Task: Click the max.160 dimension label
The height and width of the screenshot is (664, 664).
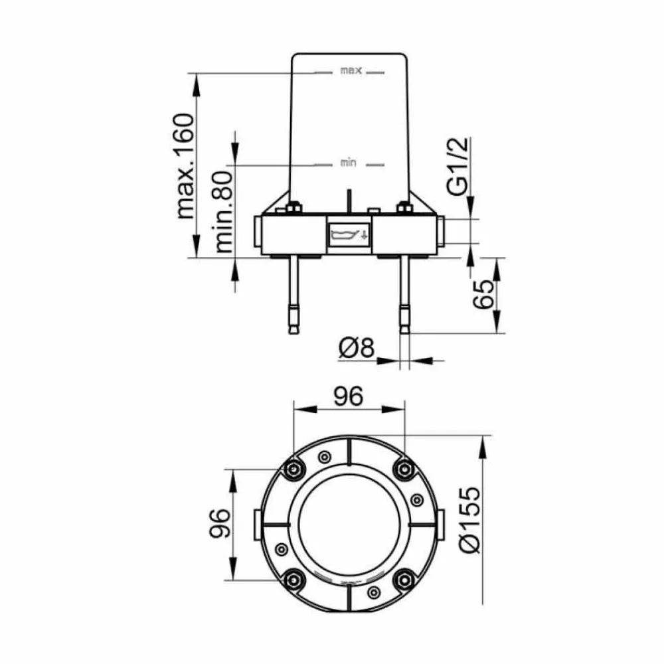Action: coord(185,166)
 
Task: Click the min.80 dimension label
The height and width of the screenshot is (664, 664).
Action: coord(224,211)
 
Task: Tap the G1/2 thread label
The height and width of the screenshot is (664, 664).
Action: coord(459,165)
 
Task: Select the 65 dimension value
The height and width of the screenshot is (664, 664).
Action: coord(483,294)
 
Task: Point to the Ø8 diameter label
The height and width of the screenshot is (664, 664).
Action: coord(357,348)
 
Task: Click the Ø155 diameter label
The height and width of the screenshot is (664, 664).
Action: coord(471,520)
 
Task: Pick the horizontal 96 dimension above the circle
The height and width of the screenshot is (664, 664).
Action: coord(349,396)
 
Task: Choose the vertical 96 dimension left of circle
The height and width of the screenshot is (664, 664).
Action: coord(220,523)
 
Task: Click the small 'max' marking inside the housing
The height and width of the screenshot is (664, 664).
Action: coord(351,71)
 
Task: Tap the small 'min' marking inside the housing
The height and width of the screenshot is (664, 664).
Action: coord(348,163)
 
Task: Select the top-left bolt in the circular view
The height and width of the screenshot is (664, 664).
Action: coord(293,469)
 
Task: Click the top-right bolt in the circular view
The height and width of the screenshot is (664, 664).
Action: coord(404,469)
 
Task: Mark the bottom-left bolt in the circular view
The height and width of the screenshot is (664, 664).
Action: coord(293,580)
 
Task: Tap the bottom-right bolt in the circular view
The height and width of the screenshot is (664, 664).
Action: coord(404,580)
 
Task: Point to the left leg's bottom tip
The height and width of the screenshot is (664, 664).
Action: coord(294,333)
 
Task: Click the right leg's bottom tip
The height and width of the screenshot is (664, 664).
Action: coord(405,333)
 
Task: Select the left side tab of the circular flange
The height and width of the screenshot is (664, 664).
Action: coord(258,525)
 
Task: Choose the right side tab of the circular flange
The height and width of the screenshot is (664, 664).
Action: coord(440,525)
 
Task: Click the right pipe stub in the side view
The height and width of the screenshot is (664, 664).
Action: coord(440,231)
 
